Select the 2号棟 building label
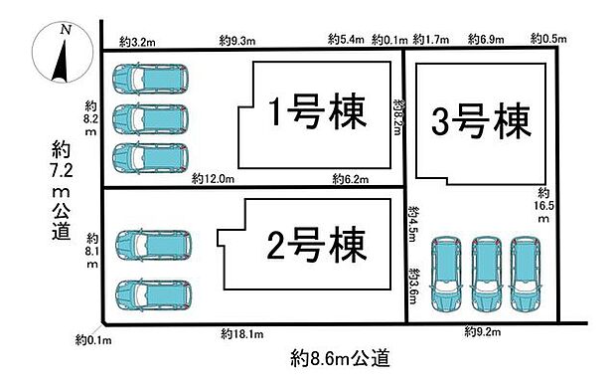[315, 242]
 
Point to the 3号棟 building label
[481, 123]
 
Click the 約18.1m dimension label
[241, 333]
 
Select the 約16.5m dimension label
[543, 204]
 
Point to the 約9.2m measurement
[484, 331]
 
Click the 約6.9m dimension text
[487, 41]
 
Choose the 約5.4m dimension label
[348, 41]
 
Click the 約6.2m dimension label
[349, 179]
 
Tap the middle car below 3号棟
[487, 274]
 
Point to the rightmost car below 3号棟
[527, 274]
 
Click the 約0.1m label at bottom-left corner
[93, 340]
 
